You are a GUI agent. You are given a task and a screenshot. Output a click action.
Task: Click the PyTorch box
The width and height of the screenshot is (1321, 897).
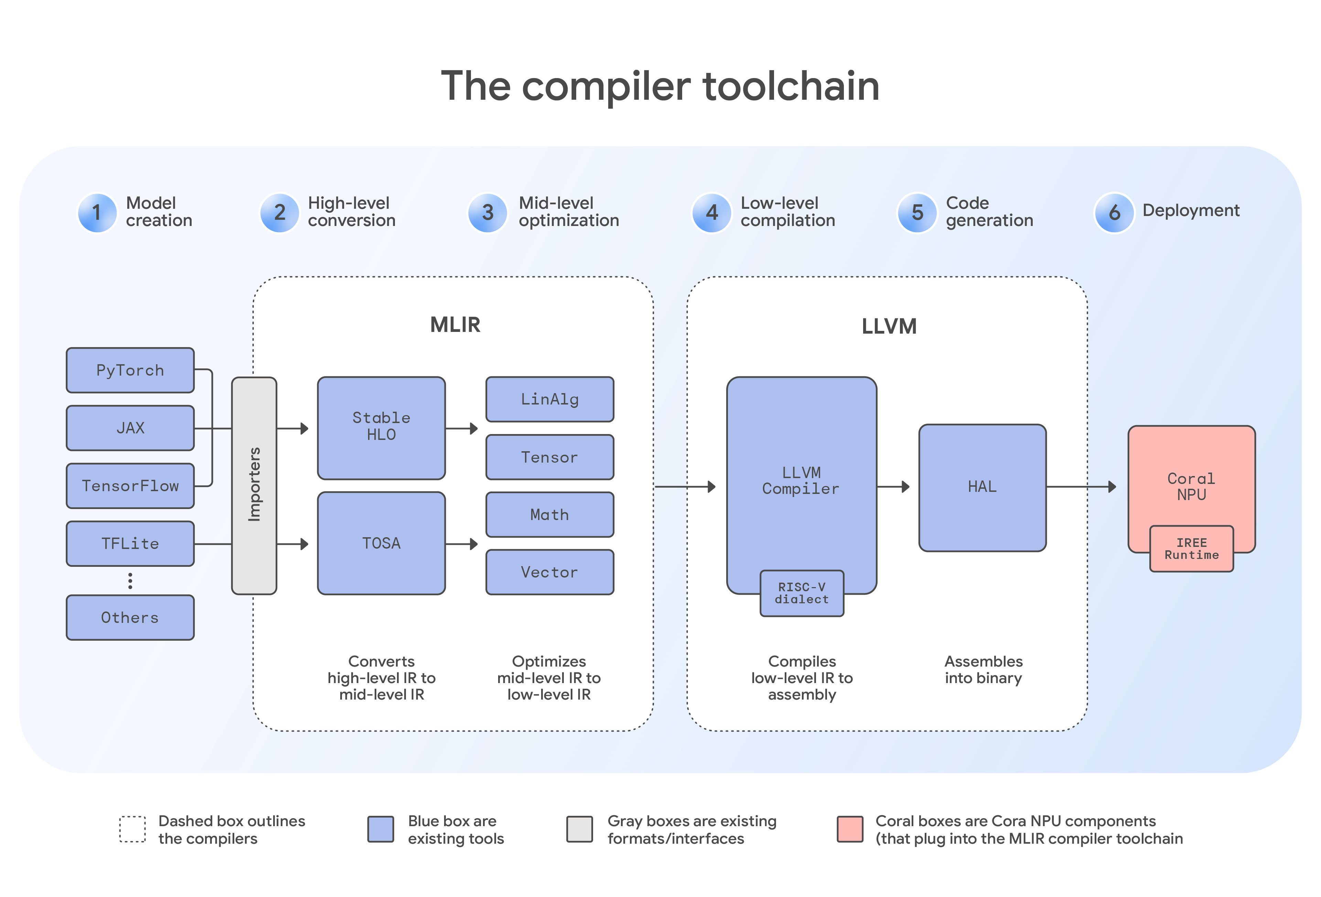pyautogui.click(x=130, y=370)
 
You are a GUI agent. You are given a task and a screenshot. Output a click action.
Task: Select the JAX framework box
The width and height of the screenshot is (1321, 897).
pyautogui.click(x=130, y=428)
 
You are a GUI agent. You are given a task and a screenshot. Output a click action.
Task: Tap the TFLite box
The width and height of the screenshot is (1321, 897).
pyautogui.click(x=130, y=543)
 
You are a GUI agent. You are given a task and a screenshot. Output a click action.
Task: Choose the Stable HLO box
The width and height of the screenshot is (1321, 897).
pyautogui.click(x=381, y=428)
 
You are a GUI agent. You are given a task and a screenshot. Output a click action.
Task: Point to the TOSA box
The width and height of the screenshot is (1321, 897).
pyautogui.click(x=381, y=543)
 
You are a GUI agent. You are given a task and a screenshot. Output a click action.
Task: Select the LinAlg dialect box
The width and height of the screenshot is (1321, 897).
pyautogui.click(x=550, y=399)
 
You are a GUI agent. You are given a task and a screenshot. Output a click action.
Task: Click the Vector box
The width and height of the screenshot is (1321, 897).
pyautogui.click(x=550, y=572)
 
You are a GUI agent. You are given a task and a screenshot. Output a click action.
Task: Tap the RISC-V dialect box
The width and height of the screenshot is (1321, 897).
pyautogui.click(x=802, y=593)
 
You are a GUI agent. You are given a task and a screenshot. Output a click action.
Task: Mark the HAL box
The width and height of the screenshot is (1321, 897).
pyautogui.click(x=982, y=487)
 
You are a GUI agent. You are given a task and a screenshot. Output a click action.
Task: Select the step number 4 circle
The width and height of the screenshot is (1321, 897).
pyautogui.click(x=711, y=213)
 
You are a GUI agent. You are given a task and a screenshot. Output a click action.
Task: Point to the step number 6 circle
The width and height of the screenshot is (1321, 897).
pyautogui.click(x=1114, y=213)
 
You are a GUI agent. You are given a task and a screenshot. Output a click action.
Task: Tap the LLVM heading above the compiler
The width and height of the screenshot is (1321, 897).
pyautogui.click(x=889, y=326)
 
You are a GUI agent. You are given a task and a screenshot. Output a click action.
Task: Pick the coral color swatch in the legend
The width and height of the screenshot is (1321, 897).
pyautogui.click(x=850, y=829)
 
